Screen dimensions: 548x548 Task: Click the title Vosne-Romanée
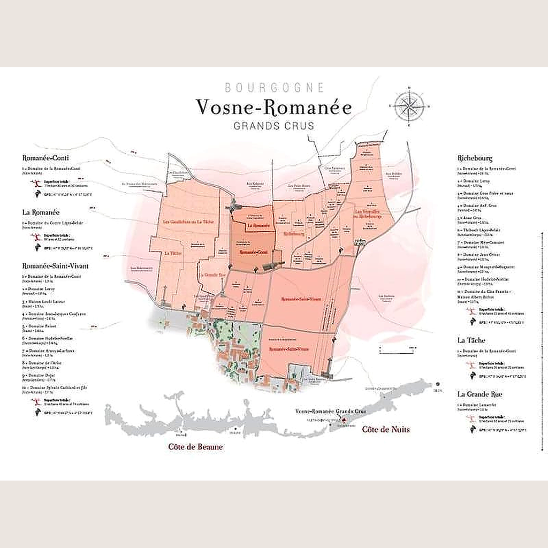click(274, 107)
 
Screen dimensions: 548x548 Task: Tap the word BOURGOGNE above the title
click(274, 87)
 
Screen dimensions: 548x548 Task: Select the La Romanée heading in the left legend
click(41, 211)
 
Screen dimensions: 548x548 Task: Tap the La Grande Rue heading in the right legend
click(480, 394)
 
